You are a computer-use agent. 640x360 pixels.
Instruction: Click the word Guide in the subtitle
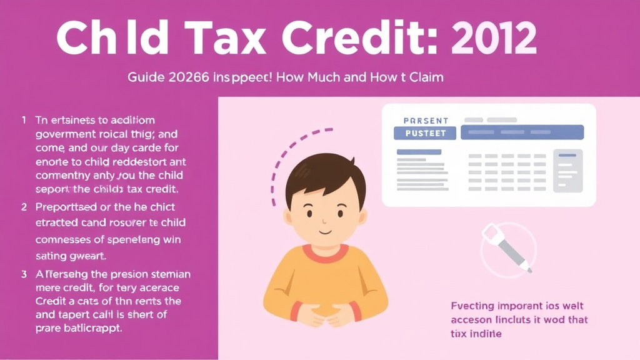coord(145,78)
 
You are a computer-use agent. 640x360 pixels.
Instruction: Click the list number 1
coord(24,119)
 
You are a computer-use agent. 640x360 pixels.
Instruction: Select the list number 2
coord(24,207)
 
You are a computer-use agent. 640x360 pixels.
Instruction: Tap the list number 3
coord(24,274)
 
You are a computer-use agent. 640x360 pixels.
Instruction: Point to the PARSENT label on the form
coord(426,120)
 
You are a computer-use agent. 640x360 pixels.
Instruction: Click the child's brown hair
coord(322,172)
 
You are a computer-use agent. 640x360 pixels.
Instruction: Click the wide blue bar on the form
coord(522,132)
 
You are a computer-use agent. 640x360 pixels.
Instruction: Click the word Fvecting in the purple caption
coord(472,306)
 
